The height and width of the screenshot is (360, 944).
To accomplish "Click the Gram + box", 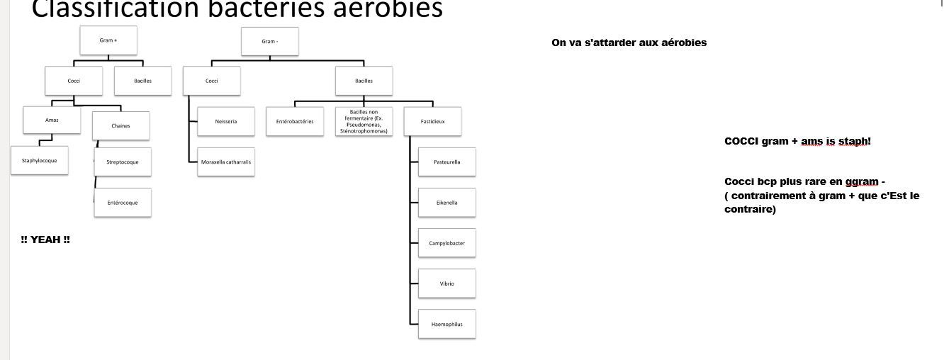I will pos(108,41).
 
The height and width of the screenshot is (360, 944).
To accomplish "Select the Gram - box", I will pos(269,42).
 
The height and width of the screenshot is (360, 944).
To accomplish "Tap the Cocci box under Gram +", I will pos(74,81).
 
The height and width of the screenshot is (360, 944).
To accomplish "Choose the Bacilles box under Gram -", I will pos(364,81).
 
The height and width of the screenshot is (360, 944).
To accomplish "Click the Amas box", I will pos(52,120).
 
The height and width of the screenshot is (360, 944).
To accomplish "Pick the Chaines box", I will pos(120,126).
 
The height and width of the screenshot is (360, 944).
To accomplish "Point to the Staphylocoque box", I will pos(39,161).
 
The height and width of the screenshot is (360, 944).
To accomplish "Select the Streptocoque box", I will pos(123,162).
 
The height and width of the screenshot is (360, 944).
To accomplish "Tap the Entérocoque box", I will pos(123,203).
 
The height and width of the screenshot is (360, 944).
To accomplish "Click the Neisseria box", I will pos(225,121).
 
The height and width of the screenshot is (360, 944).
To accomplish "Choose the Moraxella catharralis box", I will pos(225,162).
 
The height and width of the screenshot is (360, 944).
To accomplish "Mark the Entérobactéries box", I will pos(295,121).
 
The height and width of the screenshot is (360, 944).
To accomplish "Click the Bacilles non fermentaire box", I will pos(364,121).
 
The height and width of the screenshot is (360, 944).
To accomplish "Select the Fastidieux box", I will pos(432,121).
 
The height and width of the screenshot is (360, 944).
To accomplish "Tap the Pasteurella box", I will pos(446,162).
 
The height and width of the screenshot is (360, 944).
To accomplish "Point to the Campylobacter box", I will pos(446,243).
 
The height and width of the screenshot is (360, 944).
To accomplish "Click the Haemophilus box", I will pos(446,325).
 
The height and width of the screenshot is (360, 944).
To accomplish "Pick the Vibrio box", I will pos(446,283).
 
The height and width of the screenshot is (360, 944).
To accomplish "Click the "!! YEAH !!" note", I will pos(45,240).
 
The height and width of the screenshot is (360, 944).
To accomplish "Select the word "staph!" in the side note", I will pos(854,141).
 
